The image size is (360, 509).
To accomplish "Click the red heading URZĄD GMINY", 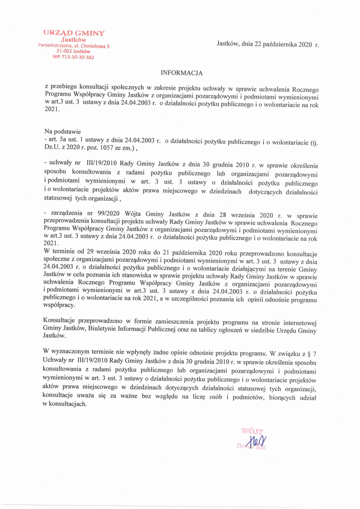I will [x=74, y=33].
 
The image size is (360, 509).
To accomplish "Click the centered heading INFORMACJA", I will [x=182, y=72].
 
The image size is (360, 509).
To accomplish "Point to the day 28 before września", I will [x=197, y=213].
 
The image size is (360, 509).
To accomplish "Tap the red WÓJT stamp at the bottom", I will [x=252, y=431].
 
